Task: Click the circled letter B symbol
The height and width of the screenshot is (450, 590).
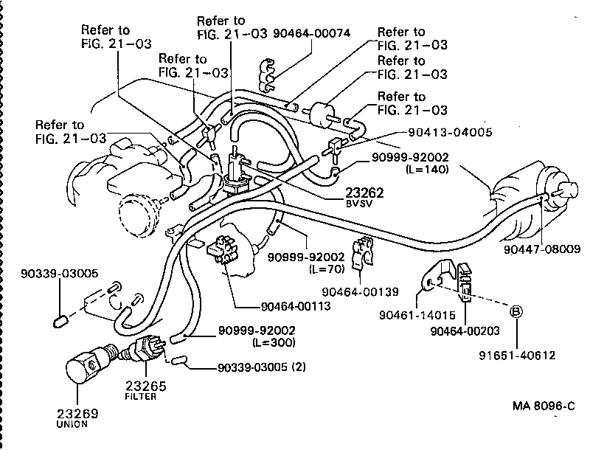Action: coord(516,311)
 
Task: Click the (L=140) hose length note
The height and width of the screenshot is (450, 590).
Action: coord(427,169)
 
